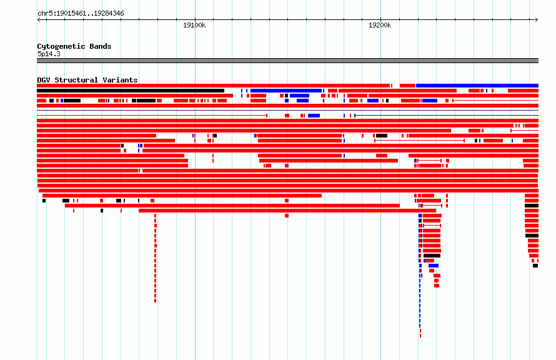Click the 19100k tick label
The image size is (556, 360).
click(194, 25)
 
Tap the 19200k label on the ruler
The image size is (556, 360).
click(380, 25)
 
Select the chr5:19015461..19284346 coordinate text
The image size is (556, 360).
click(81, 14)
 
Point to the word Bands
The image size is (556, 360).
click(101, 46)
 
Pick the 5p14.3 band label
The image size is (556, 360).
click(49, 54)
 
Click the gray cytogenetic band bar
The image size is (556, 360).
click(287, 61)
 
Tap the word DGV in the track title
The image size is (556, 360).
click(44, 80)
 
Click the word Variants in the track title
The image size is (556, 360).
click(120, 80)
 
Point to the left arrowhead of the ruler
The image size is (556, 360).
click(38, 20)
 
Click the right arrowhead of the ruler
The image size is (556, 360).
click(537, 20)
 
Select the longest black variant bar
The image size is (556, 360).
click(131, 91)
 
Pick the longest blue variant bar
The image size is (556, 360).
click(477, 86)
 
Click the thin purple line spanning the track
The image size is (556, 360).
click(287, 110)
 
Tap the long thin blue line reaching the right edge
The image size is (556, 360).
click(447, 116)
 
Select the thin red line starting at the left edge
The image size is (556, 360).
click(152, 116)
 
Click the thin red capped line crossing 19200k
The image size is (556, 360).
click(419, 141)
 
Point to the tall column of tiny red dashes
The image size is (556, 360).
click(156, 258)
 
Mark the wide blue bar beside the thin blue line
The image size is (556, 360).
click(314, 116)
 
